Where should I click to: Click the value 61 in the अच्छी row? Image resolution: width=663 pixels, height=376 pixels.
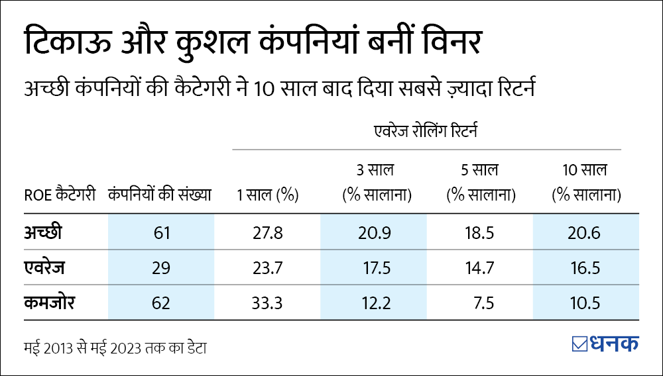click(161, 232)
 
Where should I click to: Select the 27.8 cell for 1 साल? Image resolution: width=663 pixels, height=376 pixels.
click(267, 232)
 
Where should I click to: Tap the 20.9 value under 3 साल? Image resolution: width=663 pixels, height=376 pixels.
click(375, 232)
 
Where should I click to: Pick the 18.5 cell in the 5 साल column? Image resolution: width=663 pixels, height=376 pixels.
click(481, 232)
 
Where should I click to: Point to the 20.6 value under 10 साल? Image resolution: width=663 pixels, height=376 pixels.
click(586, 232)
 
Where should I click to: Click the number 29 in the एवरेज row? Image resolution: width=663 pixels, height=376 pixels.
click(161, 268)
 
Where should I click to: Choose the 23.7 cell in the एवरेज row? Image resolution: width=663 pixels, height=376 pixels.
click(267, 268)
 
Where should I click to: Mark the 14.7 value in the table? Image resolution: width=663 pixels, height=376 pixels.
click(481, 268)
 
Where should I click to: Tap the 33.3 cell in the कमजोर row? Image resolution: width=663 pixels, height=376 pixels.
click(267, 303)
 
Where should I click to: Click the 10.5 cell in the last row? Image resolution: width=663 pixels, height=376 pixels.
click(586, 303)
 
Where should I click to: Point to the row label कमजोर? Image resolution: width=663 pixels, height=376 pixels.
click(50, 303)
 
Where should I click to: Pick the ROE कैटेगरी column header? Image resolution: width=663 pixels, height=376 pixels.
click(60, 195)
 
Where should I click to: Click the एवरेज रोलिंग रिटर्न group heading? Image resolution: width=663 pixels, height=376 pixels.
click(426, 132)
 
